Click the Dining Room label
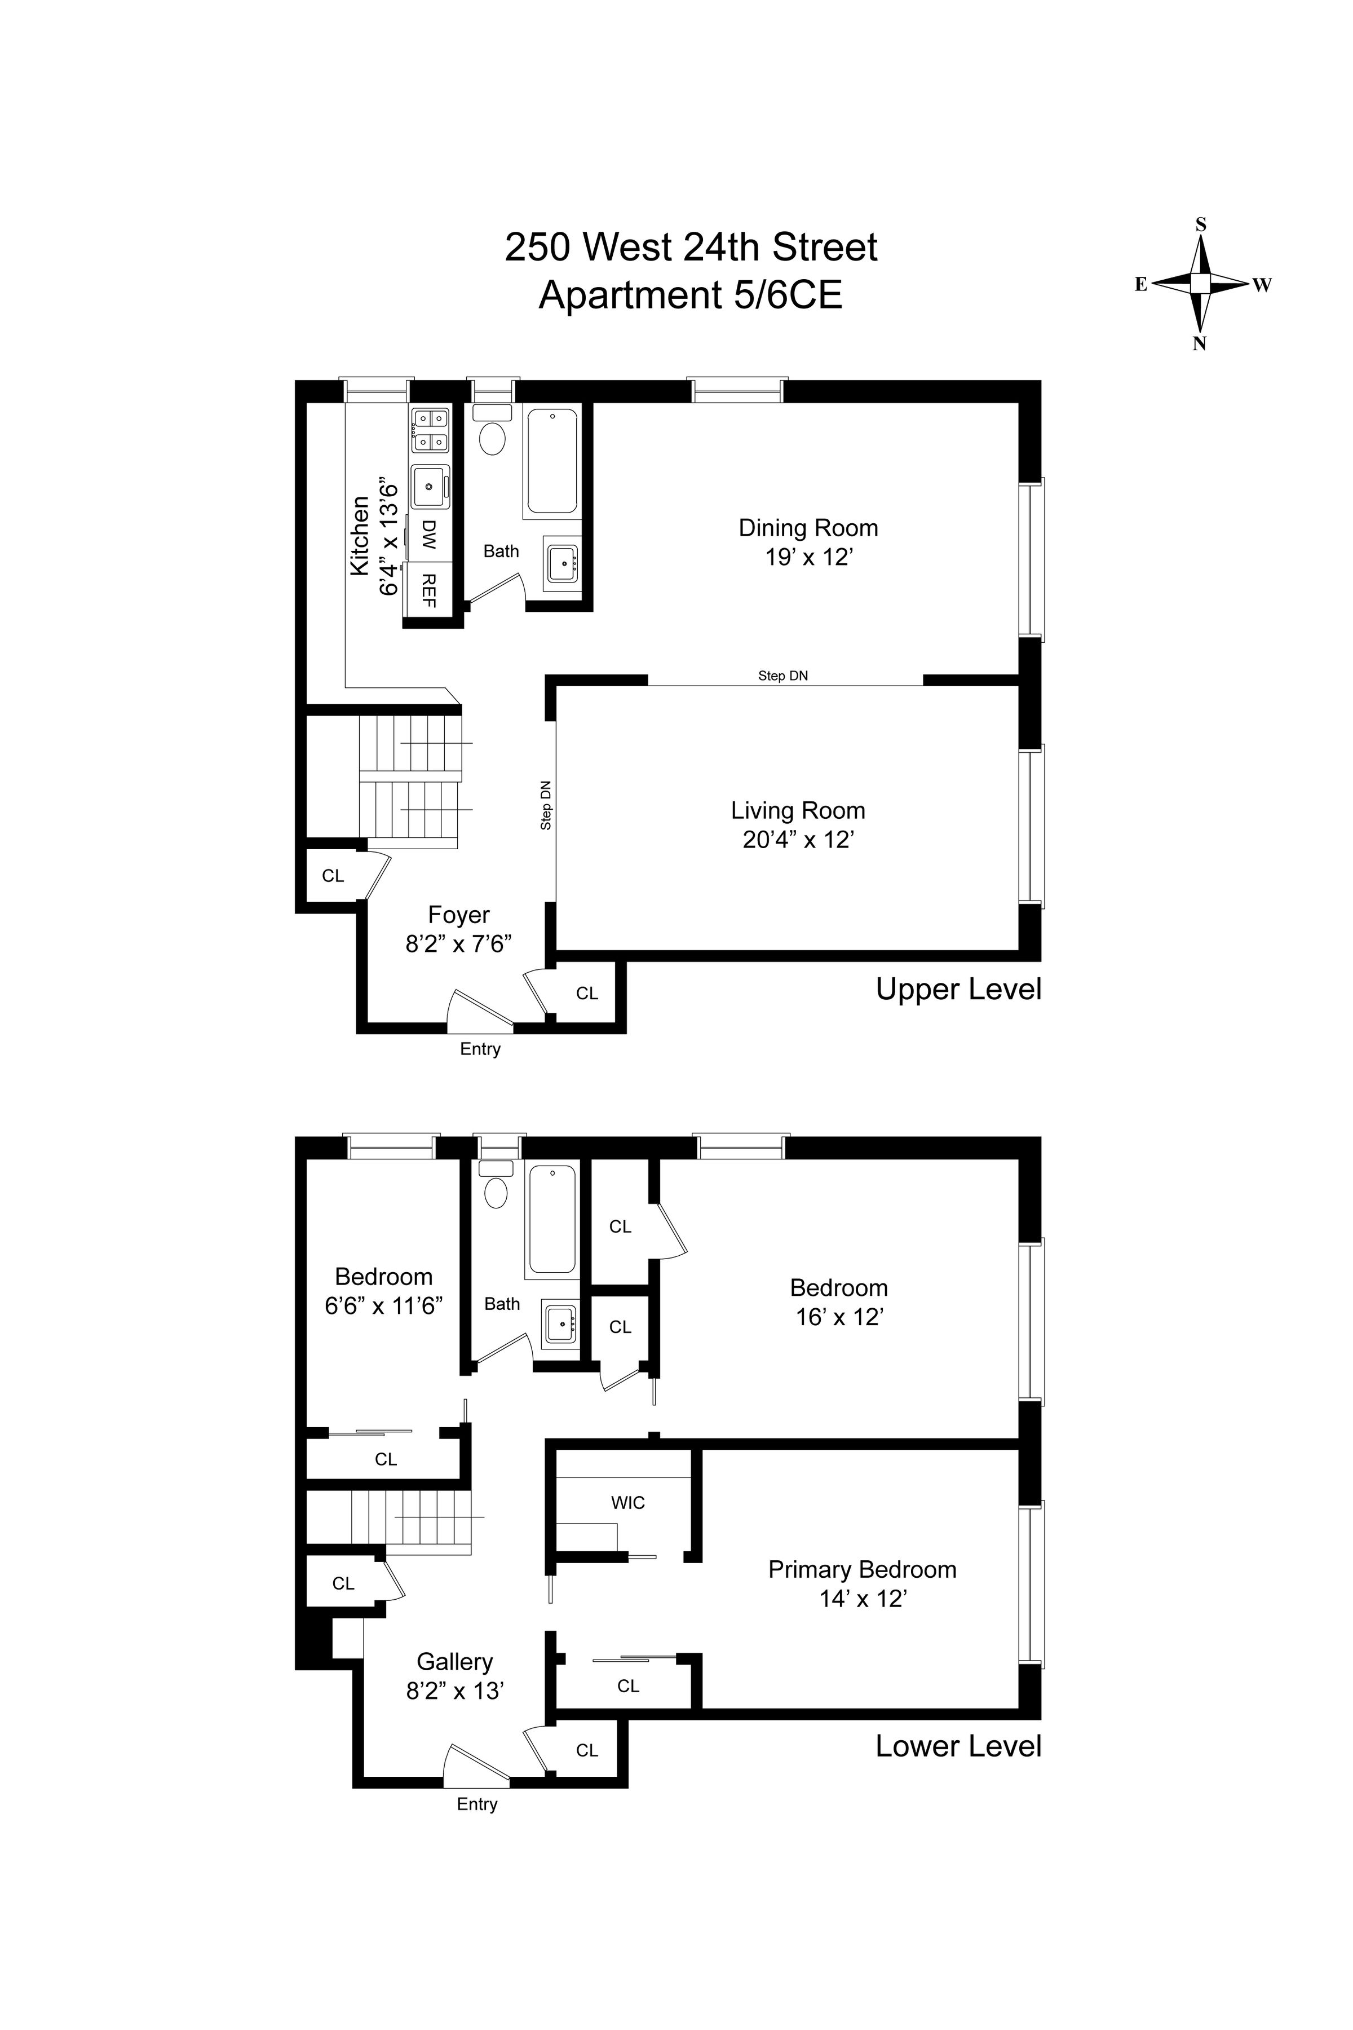808,527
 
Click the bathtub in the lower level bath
552,1219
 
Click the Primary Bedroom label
862,1569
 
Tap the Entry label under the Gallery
477,1804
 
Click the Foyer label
458,915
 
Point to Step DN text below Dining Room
782,676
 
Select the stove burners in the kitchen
430,430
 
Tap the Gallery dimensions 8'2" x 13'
455,1691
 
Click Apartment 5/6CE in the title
690,295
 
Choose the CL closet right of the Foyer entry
587,994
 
